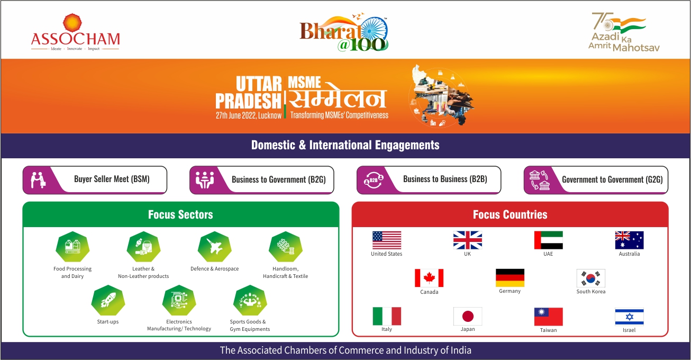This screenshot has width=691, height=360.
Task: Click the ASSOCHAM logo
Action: (75, 32)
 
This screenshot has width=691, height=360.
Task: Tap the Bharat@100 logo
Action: (344, 32)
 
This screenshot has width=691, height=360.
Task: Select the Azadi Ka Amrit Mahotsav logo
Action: (624, 32)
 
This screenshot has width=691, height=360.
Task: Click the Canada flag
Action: (429, 278)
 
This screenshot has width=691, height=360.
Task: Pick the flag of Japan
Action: (468, 316)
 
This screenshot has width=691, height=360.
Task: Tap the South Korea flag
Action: (591, 278)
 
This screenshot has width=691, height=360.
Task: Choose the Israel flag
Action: (629, 317)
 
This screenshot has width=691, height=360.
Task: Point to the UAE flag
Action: (549, 240)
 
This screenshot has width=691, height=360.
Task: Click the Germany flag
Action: (510, 278)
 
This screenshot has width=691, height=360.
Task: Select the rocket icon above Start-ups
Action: (108, 300)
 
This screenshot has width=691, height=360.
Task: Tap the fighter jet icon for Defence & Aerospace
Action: (215, 247)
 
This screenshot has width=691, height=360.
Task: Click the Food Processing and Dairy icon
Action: (72, 247)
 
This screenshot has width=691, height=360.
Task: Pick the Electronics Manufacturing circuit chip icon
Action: (179, 300)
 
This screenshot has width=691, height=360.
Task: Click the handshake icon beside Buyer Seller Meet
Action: (38, 180)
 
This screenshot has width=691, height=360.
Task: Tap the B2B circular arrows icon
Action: (373, 180)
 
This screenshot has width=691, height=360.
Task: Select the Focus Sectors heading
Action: (180, 214)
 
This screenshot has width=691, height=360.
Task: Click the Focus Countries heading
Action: (510, 214)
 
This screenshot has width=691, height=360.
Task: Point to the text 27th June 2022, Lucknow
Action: (249, 115)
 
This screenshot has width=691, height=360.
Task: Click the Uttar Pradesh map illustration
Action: (442, 96)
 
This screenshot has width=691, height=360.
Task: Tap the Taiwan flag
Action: (549, 317)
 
